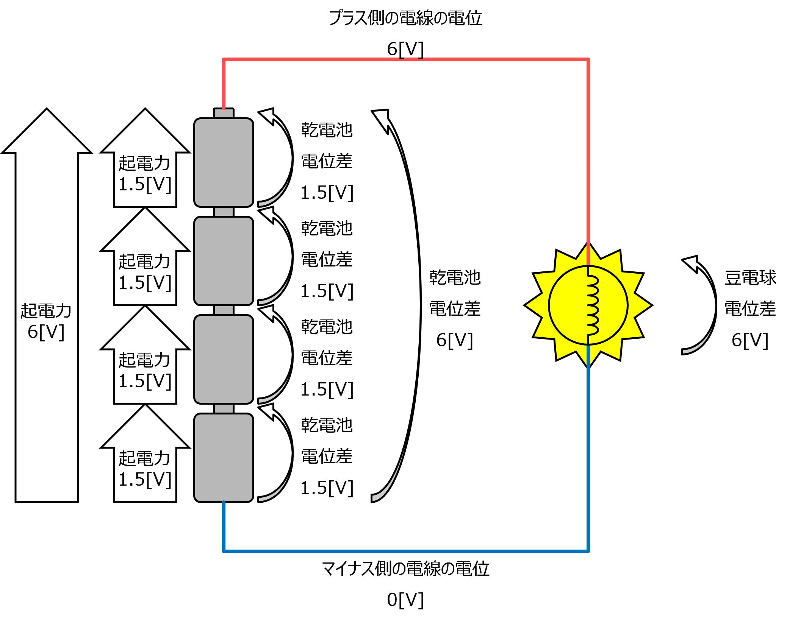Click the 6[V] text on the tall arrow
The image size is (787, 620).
tap(46, 332)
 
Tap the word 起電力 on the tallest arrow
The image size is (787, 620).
tap(46, 311)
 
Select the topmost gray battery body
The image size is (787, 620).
tap(224, 162)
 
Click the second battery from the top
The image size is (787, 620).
tap(224, 261)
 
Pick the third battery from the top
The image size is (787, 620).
tap(224, 359)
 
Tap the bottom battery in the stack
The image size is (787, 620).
tap(224, 458)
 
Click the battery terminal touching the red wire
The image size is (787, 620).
tap(224, 114)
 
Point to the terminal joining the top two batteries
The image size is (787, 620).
tap(224, 212)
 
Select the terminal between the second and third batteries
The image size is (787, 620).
tap(224, 310)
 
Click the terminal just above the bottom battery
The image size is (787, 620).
tap(224, 409)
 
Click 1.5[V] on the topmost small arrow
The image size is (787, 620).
tap(145, 185)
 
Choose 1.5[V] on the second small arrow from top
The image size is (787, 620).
tap(145, 283)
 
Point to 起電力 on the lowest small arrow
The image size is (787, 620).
tap(144, 458)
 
